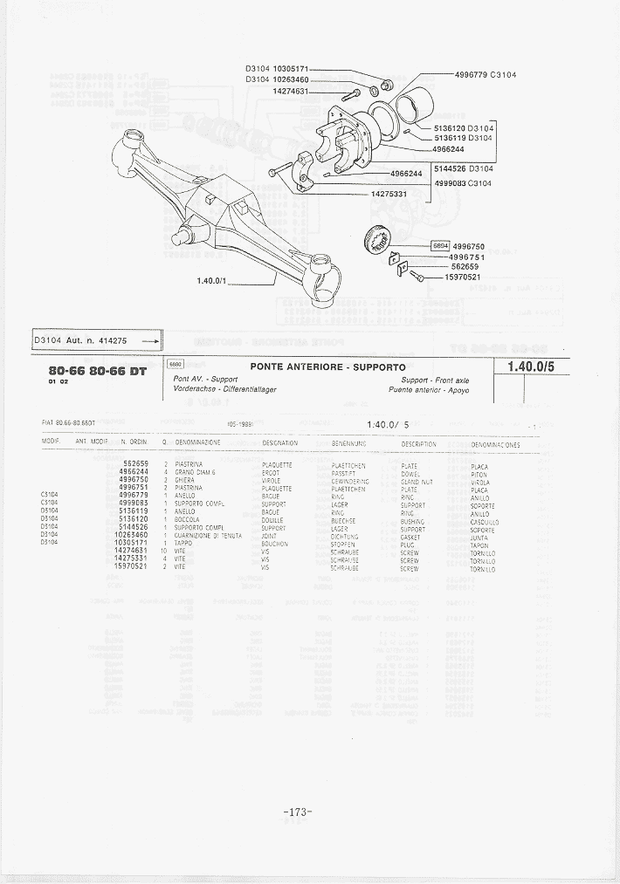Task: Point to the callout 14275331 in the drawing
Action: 389,194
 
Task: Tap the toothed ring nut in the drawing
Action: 378,240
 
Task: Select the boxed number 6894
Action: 442,246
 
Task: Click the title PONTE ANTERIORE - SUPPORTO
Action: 327,367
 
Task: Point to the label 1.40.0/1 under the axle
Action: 212,281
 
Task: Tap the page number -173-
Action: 298,812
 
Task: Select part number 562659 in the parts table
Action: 135,463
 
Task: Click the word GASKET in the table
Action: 410,537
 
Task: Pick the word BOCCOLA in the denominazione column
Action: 188,521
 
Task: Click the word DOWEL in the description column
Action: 409,473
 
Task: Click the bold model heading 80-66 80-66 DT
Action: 98,370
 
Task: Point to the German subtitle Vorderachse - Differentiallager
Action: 225,389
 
